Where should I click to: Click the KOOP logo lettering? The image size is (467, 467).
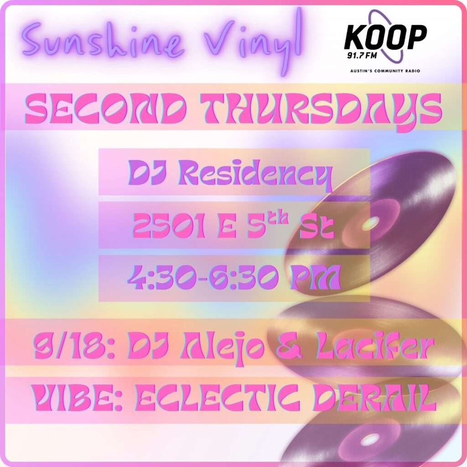[x=385, y=37]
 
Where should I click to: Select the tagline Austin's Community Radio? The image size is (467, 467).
[x=384, y=71]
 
